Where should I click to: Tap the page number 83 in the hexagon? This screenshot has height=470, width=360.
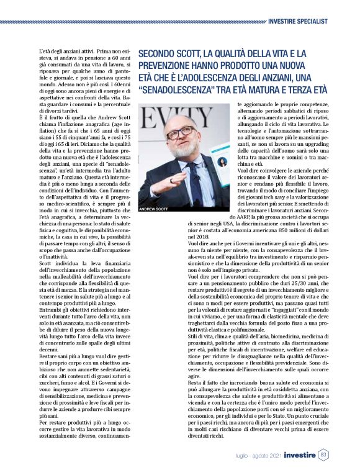point(323,456)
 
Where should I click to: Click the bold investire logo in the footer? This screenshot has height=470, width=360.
point(295,456)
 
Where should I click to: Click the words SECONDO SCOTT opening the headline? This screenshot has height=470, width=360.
point(168,55)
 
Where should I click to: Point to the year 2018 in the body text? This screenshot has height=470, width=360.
point(194,237)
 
